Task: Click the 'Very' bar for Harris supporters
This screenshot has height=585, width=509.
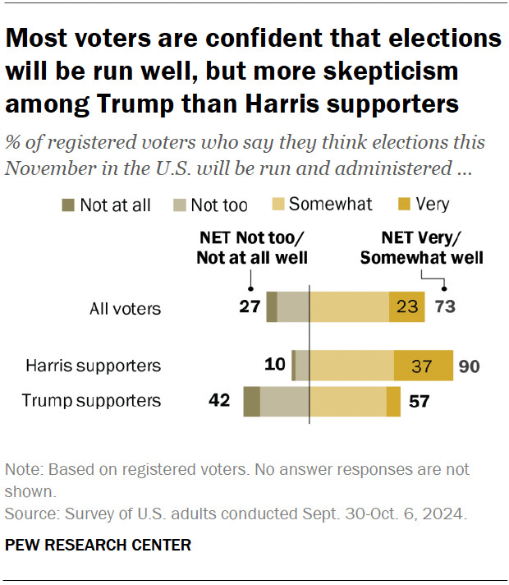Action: pyautogui.click(x=424, y=365)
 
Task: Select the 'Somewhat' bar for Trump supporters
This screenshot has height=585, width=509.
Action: pyautogui.click(x=347, y=401)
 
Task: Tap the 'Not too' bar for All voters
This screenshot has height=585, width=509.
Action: pyautogui.click(x=293, y=306)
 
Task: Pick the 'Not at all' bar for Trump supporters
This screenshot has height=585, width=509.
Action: pyautogui.click(x=251, y=401)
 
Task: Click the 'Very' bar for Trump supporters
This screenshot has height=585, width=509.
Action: pyautogui.click(x=393, y=401)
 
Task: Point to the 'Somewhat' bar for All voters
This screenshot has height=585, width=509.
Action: pyautogui.click(x=349, y=306)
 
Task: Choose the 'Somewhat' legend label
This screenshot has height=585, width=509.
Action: pyautogui.click(x=331, y=205)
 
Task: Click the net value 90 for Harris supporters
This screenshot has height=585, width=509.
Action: pyautogui.click(x=470, y=365)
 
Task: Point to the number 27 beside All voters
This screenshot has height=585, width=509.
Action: pyautogui.click(x=250, y=307)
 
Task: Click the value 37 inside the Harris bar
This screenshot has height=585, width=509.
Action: pyautogui.click(x=422, y=365)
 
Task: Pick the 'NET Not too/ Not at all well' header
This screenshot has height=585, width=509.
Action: pyautogui.click(x=251, y=248)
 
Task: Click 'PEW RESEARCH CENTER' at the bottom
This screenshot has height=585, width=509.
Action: pyautogui.click(x=98, y=544)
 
